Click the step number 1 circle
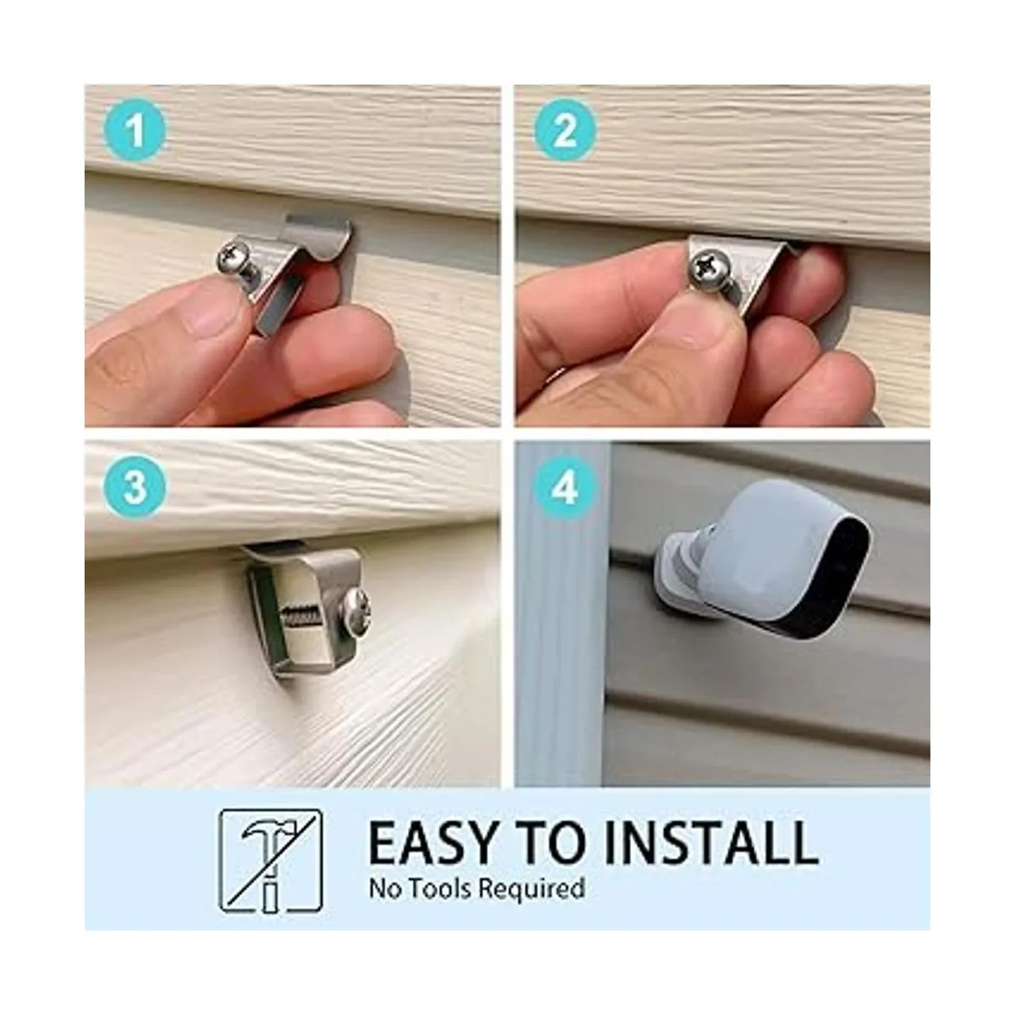click(134, 129)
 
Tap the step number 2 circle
click(565, 129)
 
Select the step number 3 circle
click(134, 487)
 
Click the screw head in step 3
click(357, 613)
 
